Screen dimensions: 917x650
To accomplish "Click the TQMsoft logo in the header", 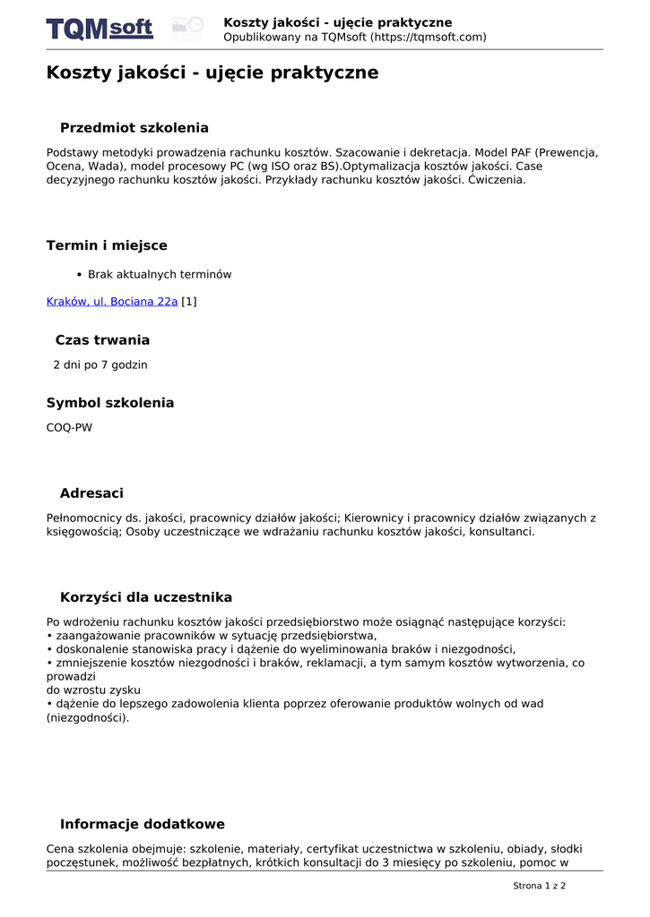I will (x=100, y=29).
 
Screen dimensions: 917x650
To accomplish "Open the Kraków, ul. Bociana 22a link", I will (x=112, y=302).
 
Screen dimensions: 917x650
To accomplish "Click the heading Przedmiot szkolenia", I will (x=134, y=128).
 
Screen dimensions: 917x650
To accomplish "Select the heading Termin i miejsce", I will (x=107, y=245).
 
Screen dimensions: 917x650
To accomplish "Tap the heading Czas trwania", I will (x=102, y=340).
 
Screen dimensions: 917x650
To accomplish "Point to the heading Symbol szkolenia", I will (x=110, y=403).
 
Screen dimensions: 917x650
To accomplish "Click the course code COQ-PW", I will (x=69, y=428).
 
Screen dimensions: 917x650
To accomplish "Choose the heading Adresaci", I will (x=91, y=493).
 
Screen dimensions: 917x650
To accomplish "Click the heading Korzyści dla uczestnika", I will (x=146, y=597).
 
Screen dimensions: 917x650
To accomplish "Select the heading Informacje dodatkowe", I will (x=143, y=824).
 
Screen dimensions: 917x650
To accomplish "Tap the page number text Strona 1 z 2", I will (x=539, y=886).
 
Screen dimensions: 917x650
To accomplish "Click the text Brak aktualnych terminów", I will (x=160, y=275).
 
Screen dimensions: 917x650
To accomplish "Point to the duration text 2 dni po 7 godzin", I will (x=100, y=365).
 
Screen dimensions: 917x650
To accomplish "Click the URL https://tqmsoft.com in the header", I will (x=429, y=37).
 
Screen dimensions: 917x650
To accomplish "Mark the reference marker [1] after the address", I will (x=189, y=302).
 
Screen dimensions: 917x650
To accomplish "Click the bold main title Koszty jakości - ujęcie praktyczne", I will (x=212, y=73).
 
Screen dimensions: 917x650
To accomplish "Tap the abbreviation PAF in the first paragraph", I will (x=522, y=152).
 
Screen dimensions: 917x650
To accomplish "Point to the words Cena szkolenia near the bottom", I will (x=88, y=849).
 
